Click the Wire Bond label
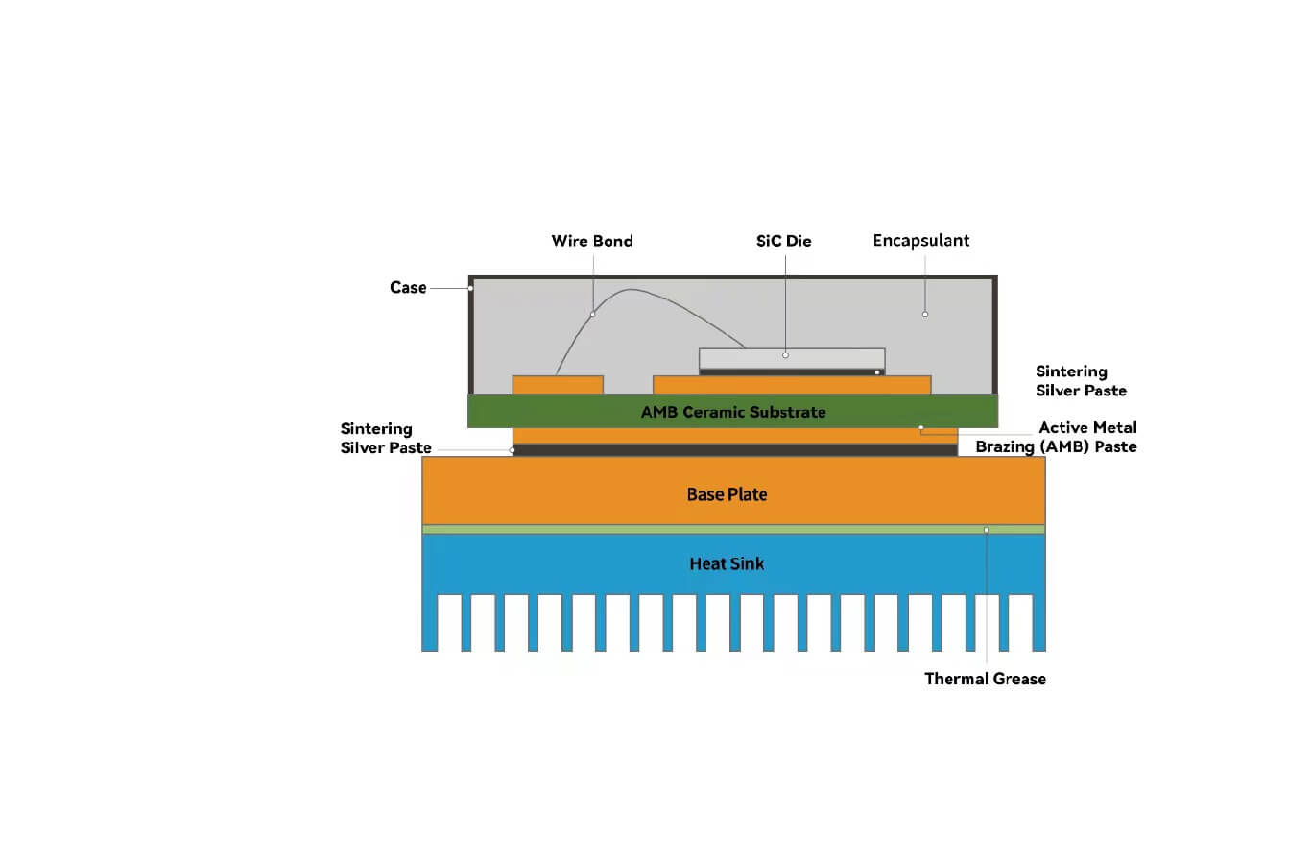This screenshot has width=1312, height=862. click(591, 241)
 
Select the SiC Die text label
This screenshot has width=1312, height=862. click(783, 241)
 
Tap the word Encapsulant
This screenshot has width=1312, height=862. click(920, 241)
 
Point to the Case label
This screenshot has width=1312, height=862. click(408, 287)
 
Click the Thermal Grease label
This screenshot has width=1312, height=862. click(985, 679)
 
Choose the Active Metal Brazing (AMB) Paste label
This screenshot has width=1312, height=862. click(1057, 437)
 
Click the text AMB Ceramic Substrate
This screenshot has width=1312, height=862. click(733, 412)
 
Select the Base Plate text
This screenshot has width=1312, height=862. click(727, 494)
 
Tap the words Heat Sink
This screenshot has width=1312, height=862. click(727, 563)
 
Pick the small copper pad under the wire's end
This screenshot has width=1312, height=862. click(558, 385)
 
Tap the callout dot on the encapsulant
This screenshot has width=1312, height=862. click(925, 314)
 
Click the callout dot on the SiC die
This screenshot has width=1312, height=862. click(785, 355)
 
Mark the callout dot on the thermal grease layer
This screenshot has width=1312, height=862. click(986, 530)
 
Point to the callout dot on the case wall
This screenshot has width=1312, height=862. click(470, 288)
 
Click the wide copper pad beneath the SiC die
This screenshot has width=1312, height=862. click(792, 385)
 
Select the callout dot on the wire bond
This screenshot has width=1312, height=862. click(593, 314)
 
